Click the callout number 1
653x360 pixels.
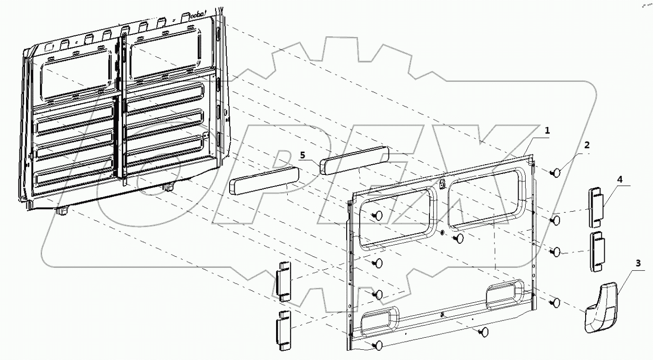coord(547,131)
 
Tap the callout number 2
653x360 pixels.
coord(587,145)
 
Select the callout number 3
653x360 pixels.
coord(638,263)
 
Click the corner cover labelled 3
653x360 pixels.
coord(601,307)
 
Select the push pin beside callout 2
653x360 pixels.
coord(556,173)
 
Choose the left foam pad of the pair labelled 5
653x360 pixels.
coord(263,180)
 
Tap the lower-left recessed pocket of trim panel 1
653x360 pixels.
coord(379,321)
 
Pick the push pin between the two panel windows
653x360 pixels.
coord(458,238)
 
